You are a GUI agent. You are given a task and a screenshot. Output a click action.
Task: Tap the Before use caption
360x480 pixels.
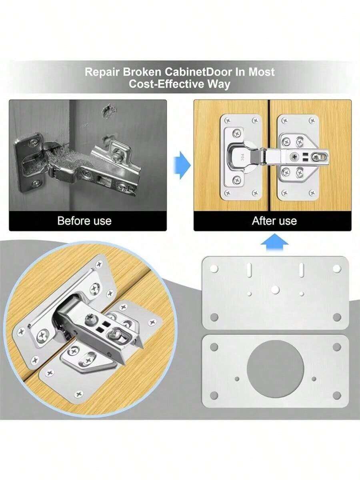(x=84, y=221)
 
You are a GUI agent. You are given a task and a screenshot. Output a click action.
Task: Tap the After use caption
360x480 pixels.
(x=274, y=221)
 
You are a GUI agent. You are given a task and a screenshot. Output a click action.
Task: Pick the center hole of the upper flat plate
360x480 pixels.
(x=276, y=288)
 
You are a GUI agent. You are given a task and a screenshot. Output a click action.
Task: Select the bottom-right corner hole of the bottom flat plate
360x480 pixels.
(x=336, y=395)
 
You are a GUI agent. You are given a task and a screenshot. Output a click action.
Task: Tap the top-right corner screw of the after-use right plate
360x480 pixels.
(x=311, y=120)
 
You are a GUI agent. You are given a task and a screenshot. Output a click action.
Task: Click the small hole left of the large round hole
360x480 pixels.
(x=237, y=378)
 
